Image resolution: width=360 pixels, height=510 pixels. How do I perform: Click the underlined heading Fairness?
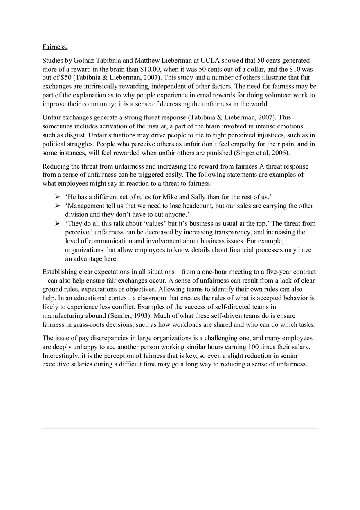(55, 47)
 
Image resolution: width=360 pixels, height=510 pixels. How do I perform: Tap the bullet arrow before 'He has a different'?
(58, 197)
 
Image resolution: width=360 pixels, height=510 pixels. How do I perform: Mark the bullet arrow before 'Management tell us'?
(58, 206)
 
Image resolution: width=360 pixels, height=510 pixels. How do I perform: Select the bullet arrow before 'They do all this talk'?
(58, 223)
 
